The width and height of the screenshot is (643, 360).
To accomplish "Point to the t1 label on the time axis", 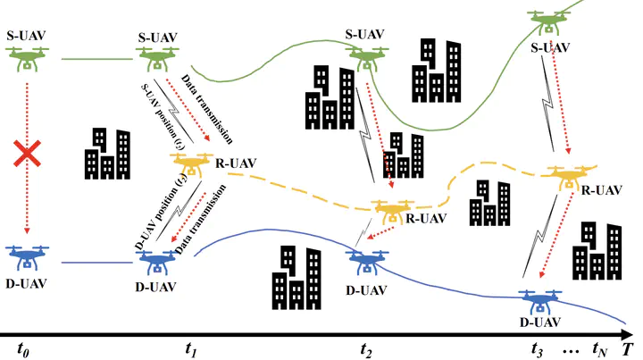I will click(x=190, y=347).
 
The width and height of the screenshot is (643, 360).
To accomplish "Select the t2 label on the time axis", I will click(x=367, y=347).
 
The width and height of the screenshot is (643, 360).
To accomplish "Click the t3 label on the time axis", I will click(x=537, y=347).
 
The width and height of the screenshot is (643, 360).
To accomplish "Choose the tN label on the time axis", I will click(x=601, y=347).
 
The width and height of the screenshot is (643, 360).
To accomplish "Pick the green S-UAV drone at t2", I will click(x=365, y=58).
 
